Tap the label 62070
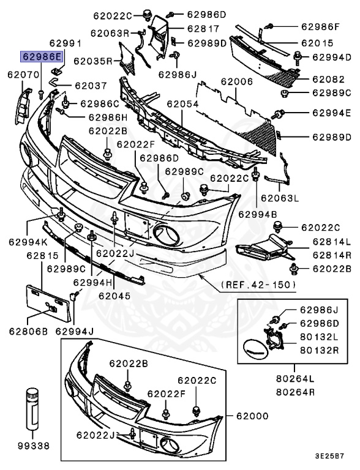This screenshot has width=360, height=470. point(23,74)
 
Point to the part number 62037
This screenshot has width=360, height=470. point(90,86)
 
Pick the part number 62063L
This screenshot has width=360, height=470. point(279,198)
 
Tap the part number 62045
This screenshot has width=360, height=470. point(114,295)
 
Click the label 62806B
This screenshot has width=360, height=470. point(28,332)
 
